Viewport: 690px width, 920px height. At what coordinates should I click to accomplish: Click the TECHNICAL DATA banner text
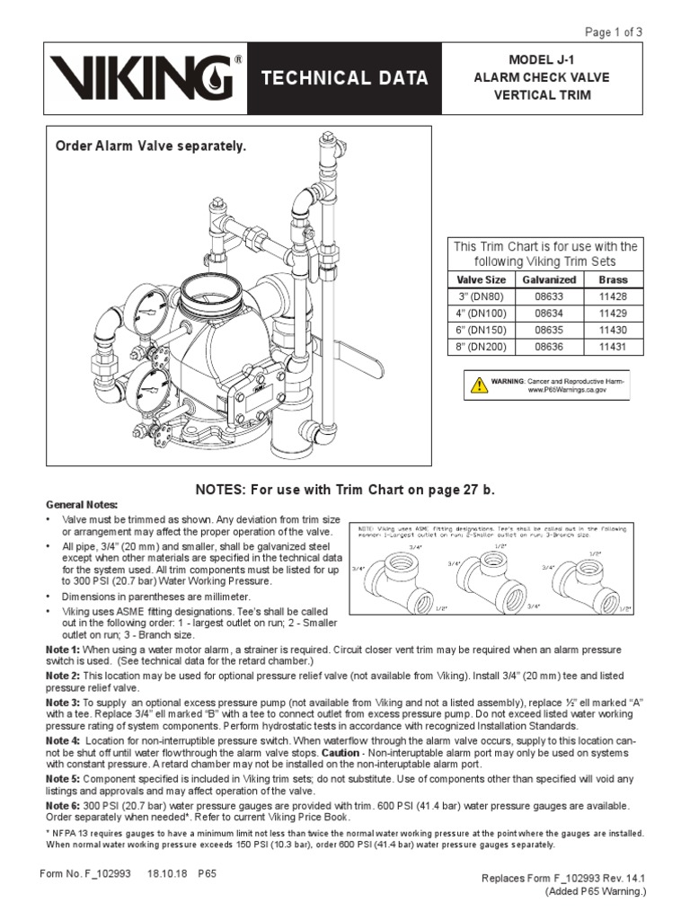(344, 79)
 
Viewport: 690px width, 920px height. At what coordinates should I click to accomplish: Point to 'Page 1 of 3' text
(614, 32)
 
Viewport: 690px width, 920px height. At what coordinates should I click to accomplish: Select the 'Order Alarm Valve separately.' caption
(151, 145)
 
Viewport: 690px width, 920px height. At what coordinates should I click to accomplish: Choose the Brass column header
(613, 280)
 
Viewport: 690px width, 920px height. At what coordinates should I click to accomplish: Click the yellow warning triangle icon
(477, 386)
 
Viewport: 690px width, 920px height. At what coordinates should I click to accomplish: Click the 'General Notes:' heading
(83, 506)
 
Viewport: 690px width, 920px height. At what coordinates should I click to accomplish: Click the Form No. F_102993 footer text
(86, 872)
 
